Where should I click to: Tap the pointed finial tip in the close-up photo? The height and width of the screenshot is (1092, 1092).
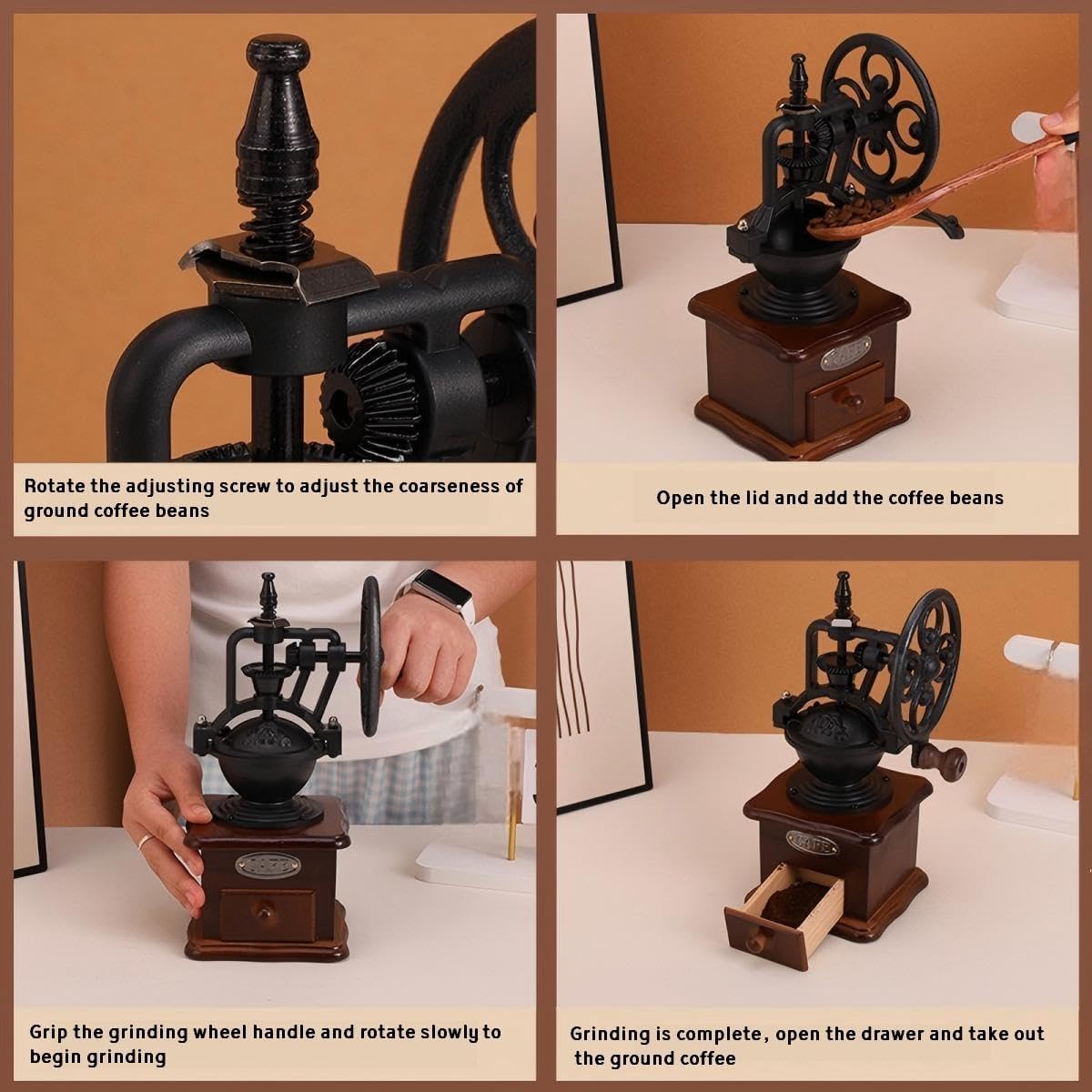pyautogui.click(x=278, y=45)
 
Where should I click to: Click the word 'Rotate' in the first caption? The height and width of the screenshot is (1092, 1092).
pyautogui.click(x=54, y=486)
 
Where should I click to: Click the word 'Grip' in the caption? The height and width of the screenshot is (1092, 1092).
pyautogui.click(x=47, y=1032)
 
